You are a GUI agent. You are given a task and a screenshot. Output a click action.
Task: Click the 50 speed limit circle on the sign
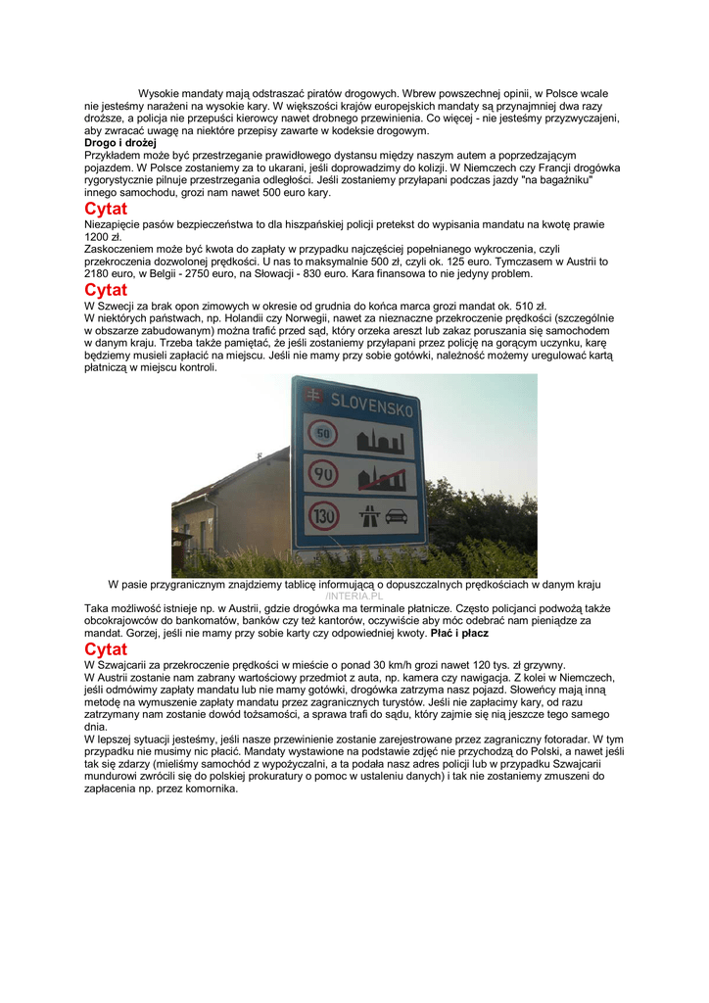pyautogui.click(x=322, y=432)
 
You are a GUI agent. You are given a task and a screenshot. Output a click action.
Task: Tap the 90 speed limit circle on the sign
pyautogui.click(x=323, y=474)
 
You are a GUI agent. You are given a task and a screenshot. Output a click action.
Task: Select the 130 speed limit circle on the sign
pyautogui.click(x=323, y=513)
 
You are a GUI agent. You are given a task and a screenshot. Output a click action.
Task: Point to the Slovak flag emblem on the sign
pyautogui.click(x=313, y=396)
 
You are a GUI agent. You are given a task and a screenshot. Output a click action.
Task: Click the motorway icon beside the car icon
pyautogui.click(x=371, y=514)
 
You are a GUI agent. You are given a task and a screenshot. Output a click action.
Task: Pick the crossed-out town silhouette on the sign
pyautogui.click(x=382, y=478)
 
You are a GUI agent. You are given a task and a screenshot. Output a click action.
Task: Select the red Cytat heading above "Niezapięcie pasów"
pyautogui.click(x=106, y=209)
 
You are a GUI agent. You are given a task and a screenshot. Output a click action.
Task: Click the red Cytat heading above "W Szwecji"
pyautogui.click(x=106, y=290)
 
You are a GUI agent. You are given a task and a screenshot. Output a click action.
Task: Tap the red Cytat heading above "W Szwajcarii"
pyautogui.click(x=106, y=649)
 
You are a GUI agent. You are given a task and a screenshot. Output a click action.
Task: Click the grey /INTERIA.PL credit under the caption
pyautogui.click(x=354, y=596)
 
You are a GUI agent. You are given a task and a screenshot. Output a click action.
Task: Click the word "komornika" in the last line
pyautogui.click(x=210, y=788)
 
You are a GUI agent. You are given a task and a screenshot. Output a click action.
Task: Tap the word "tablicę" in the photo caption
pyautogui.click(x=299, y=584)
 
